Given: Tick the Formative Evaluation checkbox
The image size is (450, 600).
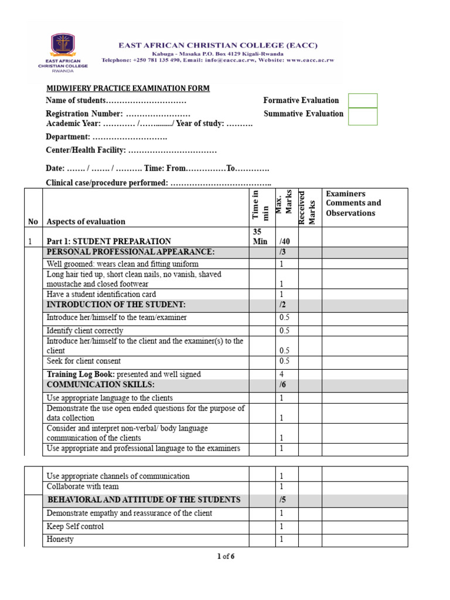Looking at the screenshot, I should click(363, 101).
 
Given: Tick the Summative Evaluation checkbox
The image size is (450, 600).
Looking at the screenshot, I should click(363, 117).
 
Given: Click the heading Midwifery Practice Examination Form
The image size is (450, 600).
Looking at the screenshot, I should click(128, 88).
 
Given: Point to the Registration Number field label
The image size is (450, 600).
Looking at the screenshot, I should click(84, 114).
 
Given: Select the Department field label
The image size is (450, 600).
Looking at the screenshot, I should click(68, 137).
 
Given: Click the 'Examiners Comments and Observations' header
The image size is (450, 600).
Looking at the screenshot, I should click(353, 203).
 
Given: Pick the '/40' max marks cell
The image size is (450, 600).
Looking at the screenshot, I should click(285, 241).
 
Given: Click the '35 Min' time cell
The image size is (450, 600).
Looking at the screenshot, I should click(260, 236).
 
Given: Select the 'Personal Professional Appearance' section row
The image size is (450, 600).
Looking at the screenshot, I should click(131, 252).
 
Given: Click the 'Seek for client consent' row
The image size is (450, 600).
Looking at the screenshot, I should click(84, 361).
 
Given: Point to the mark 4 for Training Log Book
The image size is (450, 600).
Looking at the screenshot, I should click(281, 374).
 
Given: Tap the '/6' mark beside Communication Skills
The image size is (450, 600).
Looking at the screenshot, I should click(283, 385).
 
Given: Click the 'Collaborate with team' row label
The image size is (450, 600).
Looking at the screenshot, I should click(83, 486).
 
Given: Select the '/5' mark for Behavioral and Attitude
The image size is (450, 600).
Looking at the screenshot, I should click(283, 500).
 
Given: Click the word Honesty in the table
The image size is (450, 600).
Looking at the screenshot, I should click(60, 539).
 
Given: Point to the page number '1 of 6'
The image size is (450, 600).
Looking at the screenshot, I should click(226, 557).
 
